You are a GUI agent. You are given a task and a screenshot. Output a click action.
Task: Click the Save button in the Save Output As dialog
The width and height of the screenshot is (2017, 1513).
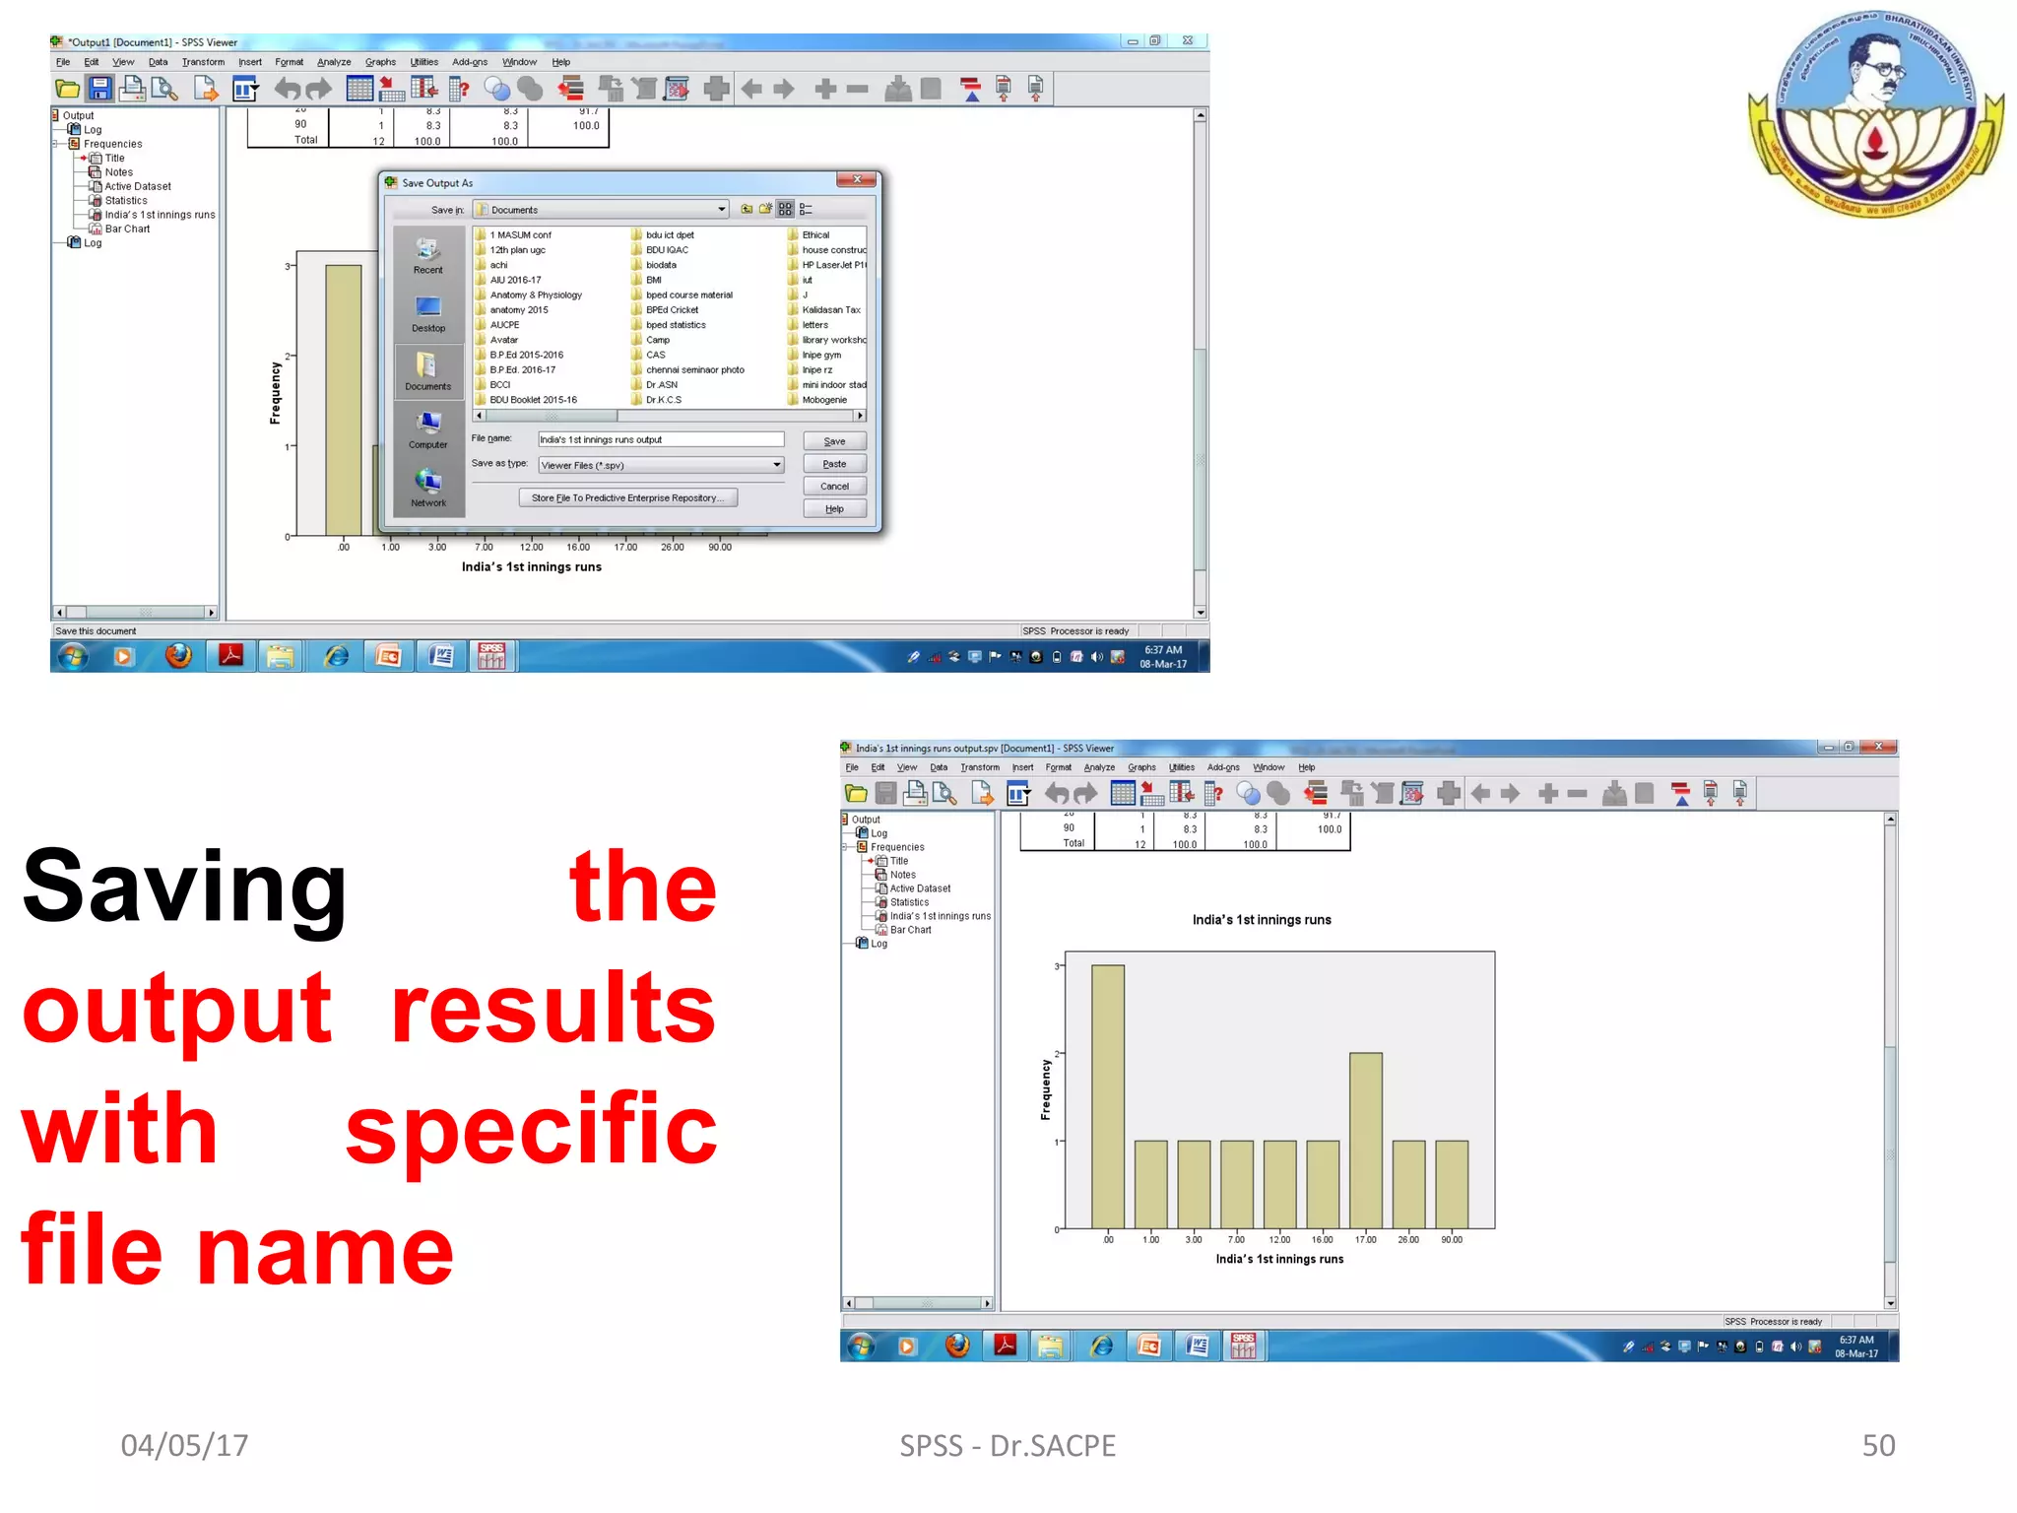click(x=833, y=441)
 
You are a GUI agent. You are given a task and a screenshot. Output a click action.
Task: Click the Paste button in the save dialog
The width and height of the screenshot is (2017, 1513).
click(x=833, y=464)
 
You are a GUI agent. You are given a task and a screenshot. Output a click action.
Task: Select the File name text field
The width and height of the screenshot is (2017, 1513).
click(x=660, y=439)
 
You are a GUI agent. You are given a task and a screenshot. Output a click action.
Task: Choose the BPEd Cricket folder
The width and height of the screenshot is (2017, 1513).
click(x=672, y=310)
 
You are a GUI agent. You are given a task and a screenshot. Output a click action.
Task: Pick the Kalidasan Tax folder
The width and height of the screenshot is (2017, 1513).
click(x=830, y=310)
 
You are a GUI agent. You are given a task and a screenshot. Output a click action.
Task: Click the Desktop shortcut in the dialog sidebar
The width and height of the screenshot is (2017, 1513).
click(x=427, y=314)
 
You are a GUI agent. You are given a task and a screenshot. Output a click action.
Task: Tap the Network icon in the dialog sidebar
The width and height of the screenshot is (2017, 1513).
click(x=427, y=488)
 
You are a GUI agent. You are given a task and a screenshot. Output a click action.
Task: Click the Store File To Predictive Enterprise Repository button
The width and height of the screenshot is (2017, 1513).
click(x=627, y=498)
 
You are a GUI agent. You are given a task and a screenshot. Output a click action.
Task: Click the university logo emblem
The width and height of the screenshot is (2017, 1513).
click(x=1876, y=113)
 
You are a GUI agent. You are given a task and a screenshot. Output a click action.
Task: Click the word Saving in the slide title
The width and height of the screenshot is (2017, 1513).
click(x=185, y=887)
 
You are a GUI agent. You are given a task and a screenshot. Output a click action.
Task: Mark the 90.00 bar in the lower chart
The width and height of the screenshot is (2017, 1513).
click(x=1452, y=1183)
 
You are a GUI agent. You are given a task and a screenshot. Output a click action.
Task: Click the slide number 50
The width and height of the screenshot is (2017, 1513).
click(x=1878, y=1445)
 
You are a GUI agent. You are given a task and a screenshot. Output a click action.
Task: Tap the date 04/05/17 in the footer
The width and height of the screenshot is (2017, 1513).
click(x=184, y=1445)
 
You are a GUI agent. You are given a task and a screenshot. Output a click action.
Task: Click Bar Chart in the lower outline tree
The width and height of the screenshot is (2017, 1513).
click(x=910, y=930)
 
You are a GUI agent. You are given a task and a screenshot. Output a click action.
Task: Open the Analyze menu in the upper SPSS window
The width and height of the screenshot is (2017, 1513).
click(x=334, y=62)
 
